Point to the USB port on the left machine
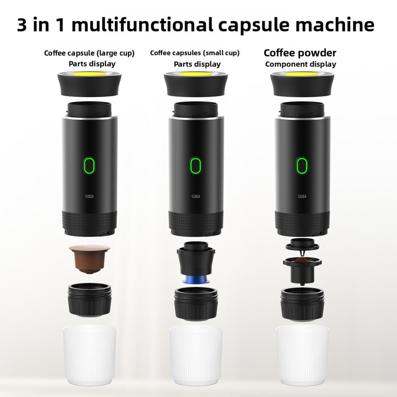pos(89,196)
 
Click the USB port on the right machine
pos(301,196)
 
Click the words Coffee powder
pos(300,53)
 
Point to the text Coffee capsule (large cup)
pos(89,53)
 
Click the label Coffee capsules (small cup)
pos(195,53)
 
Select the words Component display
pos(300,64)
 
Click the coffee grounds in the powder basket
pos(301,261)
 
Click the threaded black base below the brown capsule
pos(89,300)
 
